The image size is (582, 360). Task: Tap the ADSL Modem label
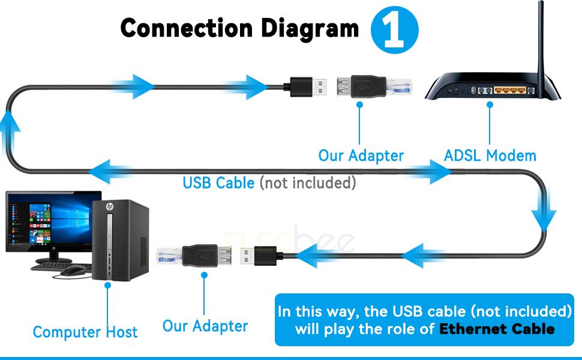490,156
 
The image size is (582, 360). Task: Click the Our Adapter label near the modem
361,156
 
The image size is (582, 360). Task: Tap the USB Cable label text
218,182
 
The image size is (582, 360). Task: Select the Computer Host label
85,332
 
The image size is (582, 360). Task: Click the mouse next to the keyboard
73,270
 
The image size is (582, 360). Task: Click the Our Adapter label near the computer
205,326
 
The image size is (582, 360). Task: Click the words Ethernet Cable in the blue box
497,329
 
